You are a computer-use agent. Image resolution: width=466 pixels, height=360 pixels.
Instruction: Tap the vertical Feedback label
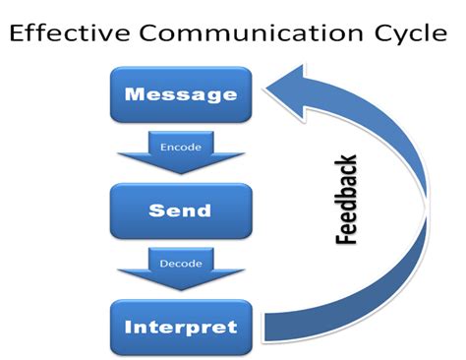(346, 199)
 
